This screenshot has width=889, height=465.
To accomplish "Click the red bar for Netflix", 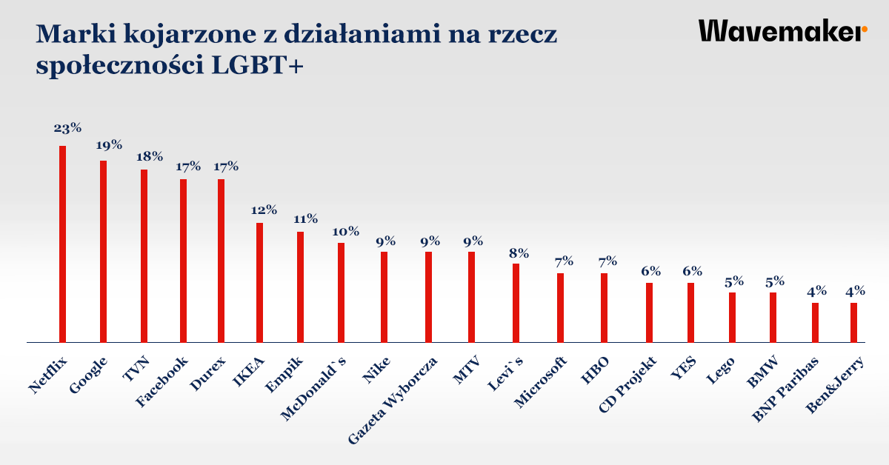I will click(63, 244).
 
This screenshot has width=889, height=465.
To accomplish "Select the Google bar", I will click(104, 252).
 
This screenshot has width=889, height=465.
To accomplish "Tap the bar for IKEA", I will click(260, 283).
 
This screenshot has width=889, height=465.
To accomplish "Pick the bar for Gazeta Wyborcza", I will click(429, 297).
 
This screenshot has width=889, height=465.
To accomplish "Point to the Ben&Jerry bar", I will click(853, 323).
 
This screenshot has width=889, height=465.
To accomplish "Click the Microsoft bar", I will click(561, 308).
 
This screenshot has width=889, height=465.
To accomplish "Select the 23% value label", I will click(67, 127).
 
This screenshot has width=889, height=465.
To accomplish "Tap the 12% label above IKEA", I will click(263, 210).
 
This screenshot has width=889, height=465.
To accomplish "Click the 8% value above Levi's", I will click(518, 252).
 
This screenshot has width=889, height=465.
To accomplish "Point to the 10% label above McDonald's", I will click(344, 231).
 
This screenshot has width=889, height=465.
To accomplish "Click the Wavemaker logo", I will click(782, 31).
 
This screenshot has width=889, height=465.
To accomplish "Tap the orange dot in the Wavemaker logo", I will click(864, 30).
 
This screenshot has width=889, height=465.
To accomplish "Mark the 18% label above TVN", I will click(149, 157).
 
